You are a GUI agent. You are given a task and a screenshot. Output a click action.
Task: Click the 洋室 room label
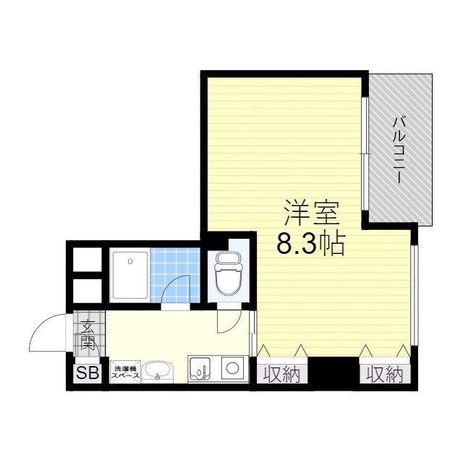(312, 213)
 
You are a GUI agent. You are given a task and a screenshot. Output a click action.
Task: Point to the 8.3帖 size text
(311, 245)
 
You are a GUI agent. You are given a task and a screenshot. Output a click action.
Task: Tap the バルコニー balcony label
(399, 150)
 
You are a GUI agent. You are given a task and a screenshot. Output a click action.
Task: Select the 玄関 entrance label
(87, 335)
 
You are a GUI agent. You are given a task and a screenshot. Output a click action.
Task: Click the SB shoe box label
(88, 373)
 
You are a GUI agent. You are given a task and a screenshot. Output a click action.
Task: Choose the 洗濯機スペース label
(125, 373)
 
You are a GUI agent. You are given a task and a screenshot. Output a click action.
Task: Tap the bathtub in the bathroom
(129, 275)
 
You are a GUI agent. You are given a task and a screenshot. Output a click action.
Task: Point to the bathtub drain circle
(130, 261)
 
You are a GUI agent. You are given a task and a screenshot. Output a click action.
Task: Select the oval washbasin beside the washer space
(158, 371)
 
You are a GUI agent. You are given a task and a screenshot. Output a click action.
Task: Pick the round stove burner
(232, 368)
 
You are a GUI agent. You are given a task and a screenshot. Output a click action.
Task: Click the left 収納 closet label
(281, 375)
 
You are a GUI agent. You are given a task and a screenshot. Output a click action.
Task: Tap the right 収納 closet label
(385, 375)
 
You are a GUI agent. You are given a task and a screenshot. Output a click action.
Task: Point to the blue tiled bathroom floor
(175, 275)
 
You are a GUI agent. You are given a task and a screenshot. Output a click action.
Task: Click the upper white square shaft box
(87, 260)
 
